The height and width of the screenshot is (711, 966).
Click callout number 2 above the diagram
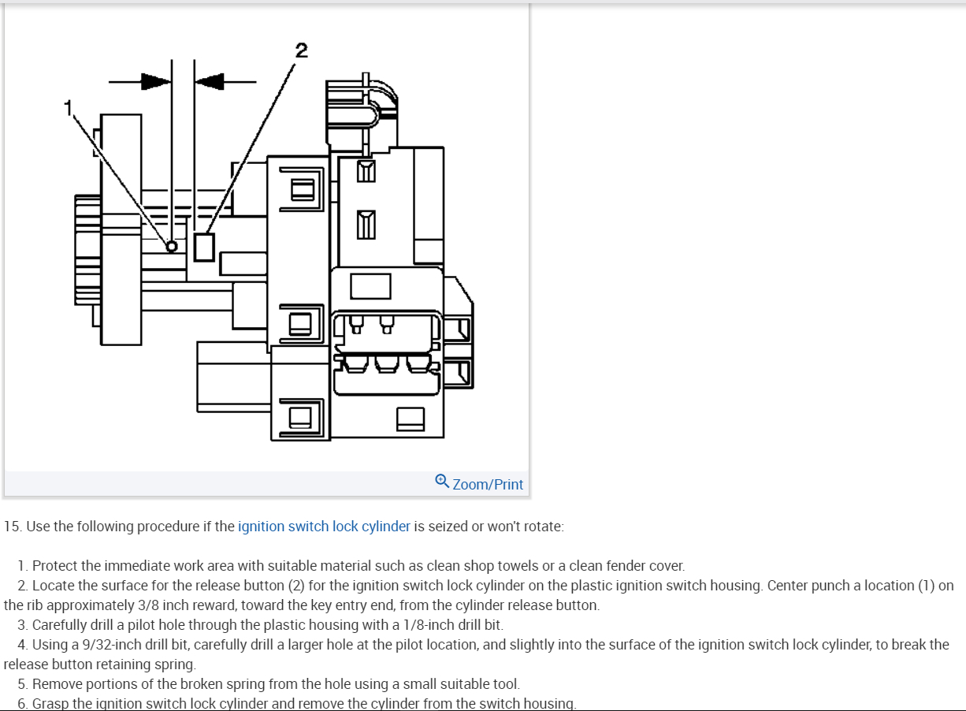[301, 51]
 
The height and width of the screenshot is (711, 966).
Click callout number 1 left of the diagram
[69, 106]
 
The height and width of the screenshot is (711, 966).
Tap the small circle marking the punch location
[171, 247]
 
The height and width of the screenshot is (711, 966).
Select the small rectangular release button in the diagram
[204, 246]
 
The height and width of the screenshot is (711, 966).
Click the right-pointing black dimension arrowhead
[155, 80]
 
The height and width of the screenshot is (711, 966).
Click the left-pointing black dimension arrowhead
[210, 80]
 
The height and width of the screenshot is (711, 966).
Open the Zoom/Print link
[488, 484]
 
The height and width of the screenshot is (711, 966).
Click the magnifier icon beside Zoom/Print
[442, 481]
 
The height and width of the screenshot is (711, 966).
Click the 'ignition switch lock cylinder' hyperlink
[324, 527]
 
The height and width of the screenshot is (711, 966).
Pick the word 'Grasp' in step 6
[50, 704]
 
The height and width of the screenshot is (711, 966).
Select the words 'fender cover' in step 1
[645, 566]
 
